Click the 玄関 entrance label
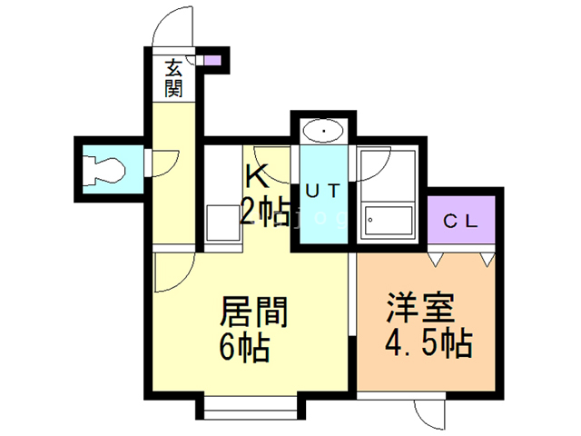pyautogui.click(x=174, y=78)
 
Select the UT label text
pyautogui.click(x=322, y=191)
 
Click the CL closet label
pyautogui.click(x=463, y=221)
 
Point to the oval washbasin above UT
pyautogui.click(x=322, y=131)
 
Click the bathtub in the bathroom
pyautogui.click(x=388, y=221)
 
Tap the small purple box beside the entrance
pyautogui.click(x=212, y=62)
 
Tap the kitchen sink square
pyautogui.click(x=222, y=222)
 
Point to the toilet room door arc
pyautogui.click(x=156, y=163)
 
